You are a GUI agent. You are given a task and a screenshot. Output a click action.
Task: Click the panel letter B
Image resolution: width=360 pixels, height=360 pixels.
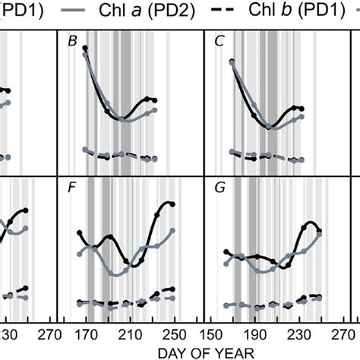[73, 43]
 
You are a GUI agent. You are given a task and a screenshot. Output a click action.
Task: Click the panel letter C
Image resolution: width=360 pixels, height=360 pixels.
[219, 43]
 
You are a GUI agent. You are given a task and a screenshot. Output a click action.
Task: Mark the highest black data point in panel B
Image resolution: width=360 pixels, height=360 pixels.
[85, 48]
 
